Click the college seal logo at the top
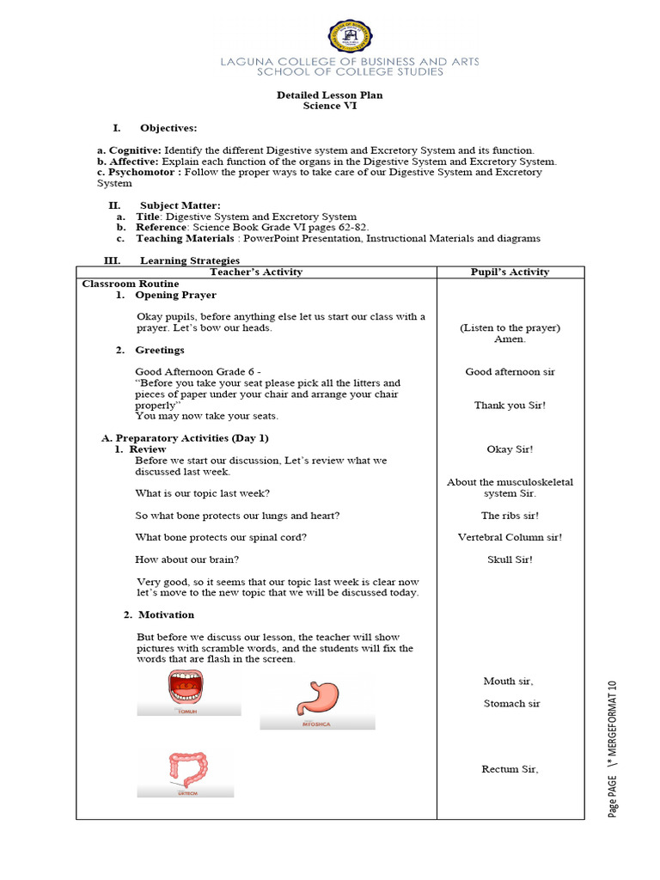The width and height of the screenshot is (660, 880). click(x=351, y=37)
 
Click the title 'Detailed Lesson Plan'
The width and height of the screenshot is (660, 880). click(x=330, y=95)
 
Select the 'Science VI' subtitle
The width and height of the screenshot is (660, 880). click(x=330, y=106)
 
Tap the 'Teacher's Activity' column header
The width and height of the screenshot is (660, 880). click(x=256, y=272)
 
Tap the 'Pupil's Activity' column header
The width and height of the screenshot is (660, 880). click(x=510, y=272)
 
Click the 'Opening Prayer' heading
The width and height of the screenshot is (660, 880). click(x=175, y=295)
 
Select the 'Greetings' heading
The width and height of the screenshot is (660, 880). click(x=159, y=350)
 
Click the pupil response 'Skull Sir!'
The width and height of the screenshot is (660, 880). click(x=510, y=559)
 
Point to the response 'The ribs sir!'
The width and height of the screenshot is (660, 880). click(x=510, y=516)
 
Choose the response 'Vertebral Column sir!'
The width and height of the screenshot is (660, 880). click(x=510, y=537)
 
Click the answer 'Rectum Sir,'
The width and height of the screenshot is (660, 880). click(x=510, y=769)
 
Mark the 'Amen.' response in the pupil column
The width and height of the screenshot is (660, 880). click(x=510, y=339)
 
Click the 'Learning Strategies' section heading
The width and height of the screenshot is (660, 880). click(x=190, y=260)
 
